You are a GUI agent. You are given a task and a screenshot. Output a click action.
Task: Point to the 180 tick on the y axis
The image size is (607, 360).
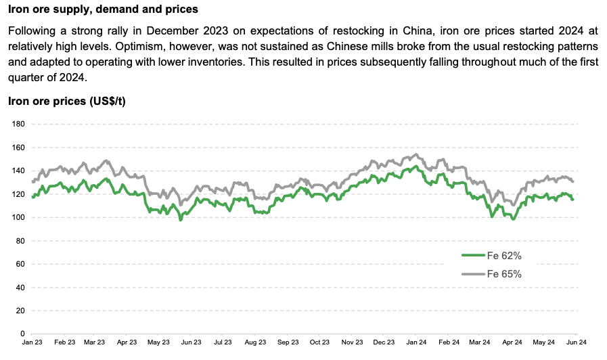[x=18, y=125]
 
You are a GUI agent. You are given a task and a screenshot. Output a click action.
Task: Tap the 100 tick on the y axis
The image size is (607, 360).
[x=18, y=218]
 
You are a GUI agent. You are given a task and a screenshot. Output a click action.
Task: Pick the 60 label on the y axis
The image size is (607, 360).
[x=20, y=265]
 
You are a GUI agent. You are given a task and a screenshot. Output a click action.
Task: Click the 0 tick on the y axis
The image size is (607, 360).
[x=22, y=334]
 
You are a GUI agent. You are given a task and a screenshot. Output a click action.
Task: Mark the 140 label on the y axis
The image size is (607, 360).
[x=18, y=171]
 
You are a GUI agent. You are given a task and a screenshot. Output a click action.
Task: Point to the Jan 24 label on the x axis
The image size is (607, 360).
[x=417, y=344]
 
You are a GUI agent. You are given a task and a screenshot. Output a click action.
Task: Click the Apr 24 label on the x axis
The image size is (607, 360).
[x=513, y=344]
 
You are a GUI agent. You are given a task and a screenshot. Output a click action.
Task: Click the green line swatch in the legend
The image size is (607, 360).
[x=472, y=255]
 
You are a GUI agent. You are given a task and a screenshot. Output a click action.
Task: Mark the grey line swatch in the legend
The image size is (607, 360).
[x=472, y=274]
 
